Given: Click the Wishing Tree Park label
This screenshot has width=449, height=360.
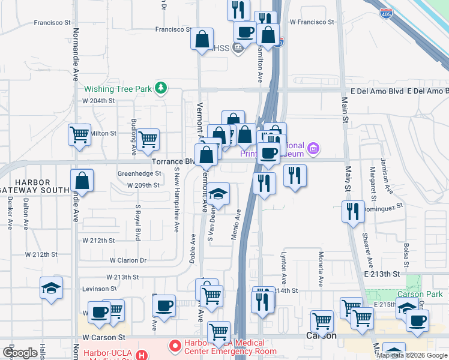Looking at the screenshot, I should click(118, 89).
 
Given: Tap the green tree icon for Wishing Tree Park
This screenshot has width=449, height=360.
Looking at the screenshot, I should click(160, 89).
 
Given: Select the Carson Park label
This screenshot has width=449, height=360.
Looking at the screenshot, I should click(420, 294).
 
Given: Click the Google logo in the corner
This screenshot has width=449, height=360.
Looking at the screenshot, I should click(20, 353).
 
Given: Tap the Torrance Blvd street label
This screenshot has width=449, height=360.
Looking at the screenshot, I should click(172, 162).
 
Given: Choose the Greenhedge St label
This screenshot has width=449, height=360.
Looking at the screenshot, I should click(140, 173).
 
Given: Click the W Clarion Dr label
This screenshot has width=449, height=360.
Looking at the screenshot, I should click(128, 260).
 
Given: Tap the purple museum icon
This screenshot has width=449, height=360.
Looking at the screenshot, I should click(312, 148).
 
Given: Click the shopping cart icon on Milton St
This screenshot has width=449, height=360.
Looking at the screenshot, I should click(79, 136).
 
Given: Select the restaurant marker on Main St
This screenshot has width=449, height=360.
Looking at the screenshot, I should click(352, 212).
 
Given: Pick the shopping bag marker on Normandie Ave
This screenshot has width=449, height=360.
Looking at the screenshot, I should click(82, 181).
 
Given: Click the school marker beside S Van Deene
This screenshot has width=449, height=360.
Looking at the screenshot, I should click(218, 194).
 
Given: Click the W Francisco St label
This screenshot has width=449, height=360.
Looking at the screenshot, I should click(312, 22).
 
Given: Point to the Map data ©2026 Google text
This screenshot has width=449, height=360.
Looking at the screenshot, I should click(412, 355).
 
